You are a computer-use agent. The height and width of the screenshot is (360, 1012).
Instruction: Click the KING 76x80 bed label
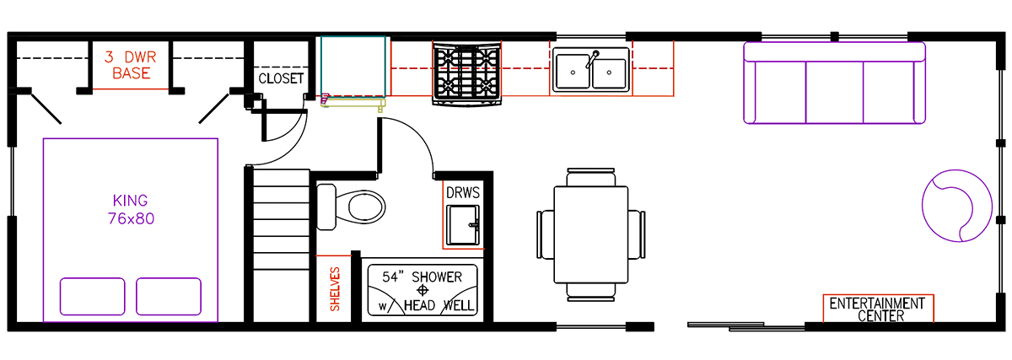point(130,209)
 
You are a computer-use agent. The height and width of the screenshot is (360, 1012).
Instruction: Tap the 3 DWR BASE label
point(127,66)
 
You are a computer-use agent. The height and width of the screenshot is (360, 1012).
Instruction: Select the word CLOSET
point(281,78)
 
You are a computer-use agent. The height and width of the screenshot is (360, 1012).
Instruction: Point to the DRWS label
point(463,193)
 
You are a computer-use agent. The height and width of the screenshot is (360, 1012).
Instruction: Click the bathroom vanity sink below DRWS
point(464,227)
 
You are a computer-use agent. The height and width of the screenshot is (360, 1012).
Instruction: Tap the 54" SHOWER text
point(422,277)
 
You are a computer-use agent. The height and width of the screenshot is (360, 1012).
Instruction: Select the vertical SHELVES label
point(335,290)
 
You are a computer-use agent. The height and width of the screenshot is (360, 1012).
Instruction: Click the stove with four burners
point(466,74)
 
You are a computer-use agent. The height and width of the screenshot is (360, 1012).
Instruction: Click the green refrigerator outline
point(353,67)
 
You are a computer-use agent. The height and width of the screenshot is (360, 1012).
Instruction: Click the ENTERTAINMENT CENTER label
point(877,309)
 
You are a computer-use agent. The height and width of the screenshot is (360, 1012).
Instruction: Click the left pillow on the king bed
point(93,295)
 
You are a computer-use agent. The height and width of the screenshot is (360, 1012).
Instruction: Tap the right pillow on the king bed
point(169,295)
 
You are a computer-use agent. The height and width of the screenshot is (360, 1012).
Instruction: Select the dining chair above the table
point(591,177)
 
